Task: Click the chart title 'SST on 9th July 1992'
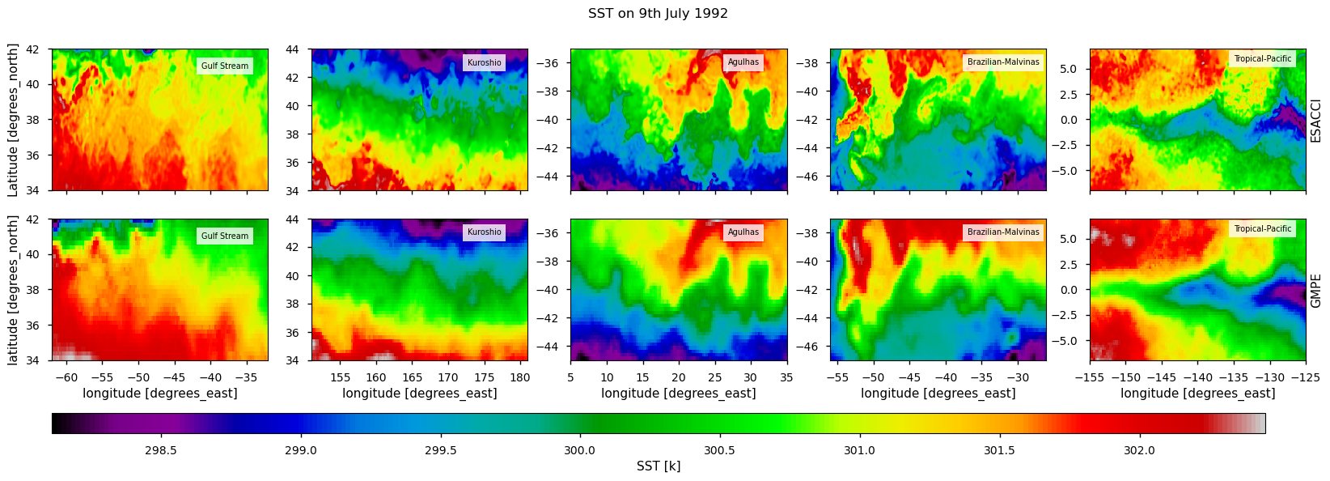point(658,14)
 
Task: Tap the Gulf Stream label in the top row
point(225,66)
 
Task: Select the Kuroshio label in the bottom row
point(484,232)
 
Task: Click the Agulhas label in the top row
point(743,62)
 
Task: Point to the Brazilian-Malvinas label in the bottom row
point(1003,232)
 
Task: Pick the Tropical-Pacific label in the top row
point(1262,59)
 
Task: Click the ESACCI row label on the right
point(1315,121)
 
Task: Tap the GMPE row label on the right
point(1315,291)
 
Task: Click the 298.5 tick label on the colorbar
point(160,451)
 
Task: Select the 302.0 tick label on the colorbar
point(1139,451)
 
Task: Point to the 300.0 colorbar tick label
point(579,451)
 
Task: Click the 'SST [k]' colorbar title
point(658,466)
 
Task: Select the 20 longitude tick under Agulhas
point(678,377)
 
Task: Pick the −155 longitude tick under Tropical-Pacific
point(1091,377)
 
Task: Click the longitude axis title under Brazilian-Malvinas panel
point(938,394)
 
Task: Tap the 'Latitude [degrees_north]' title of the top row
point(13,121)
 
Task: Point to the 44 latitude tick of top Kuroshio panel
point(293,50)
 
